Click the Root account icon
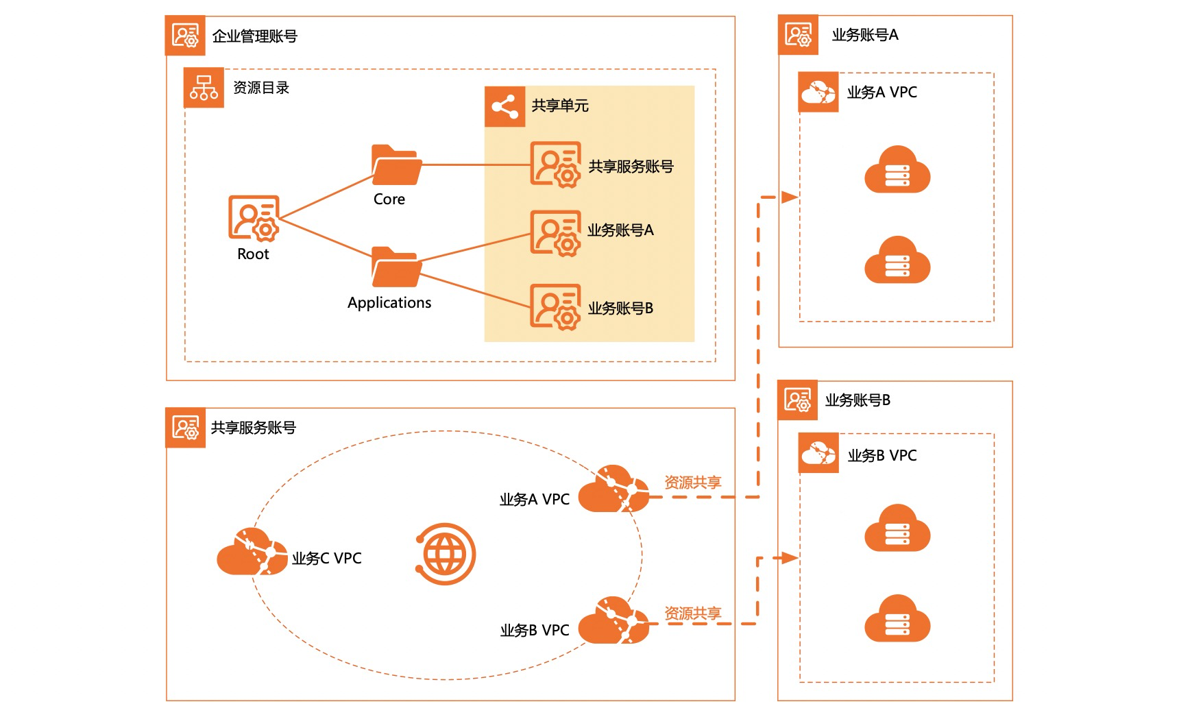click(254, 218)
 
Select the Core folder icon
click(396, 165)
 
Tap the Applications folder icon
click(396, 267)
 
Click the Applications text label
click(389, 303)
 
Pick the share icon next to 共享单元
click(505, 106)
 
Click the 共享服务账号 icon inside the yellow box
click(555, 165)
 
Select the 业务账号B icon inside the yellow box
click(555, 307)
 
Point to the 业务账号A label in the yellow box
click(620, 230)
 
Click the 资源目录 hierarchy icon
click(204, 88)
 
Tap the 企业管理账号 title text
click(255, 36)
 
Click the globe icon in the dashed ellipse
click(445, 554)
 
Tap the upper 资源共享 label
click(692, 483)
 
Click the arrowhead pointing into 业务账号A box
click(790, 197)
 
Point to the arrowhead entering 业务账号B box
click(790, 558)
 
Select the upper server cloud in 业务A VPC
click(897, 169)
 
